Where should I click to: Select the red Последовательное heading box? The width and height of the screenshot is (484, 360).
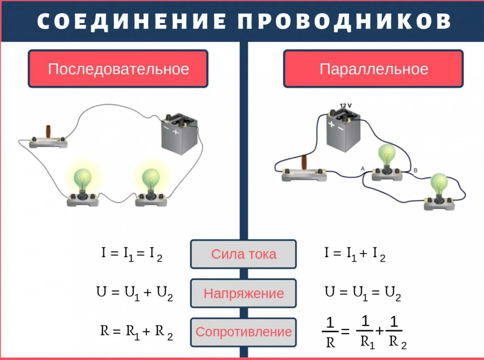point(118,69)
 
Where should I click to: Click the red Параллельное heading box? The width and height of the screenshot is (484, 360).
point(373,69)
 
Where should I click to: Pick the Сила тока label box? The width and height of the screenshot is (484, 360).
point(243,254)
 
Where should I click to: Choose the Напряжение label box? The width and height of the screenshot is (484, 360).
point(243,293)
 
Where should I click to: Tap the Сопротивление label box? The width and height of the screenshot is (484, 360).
point(243,332)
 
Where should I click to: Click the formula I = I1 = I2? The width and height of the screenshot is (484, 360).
point(131,254)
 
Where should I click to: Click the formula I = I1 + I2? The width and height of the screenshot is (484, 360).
point(355,254)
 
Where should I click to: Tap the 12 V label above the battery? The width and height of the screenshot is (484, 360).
point(346,105)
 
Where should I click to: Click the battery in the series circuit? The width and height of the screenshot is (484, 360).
point(180,134)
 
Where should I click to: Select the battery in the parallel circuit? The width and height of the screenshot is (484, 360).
point(343,131)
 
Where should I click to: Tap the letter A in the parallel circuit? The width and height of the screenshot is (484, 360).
point(362,168)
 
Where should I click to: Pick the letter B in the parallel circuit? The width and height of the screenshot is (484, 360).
point(415,170)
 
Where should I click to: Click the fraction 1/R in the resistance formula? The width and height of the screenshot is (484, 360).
point(330,332)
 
